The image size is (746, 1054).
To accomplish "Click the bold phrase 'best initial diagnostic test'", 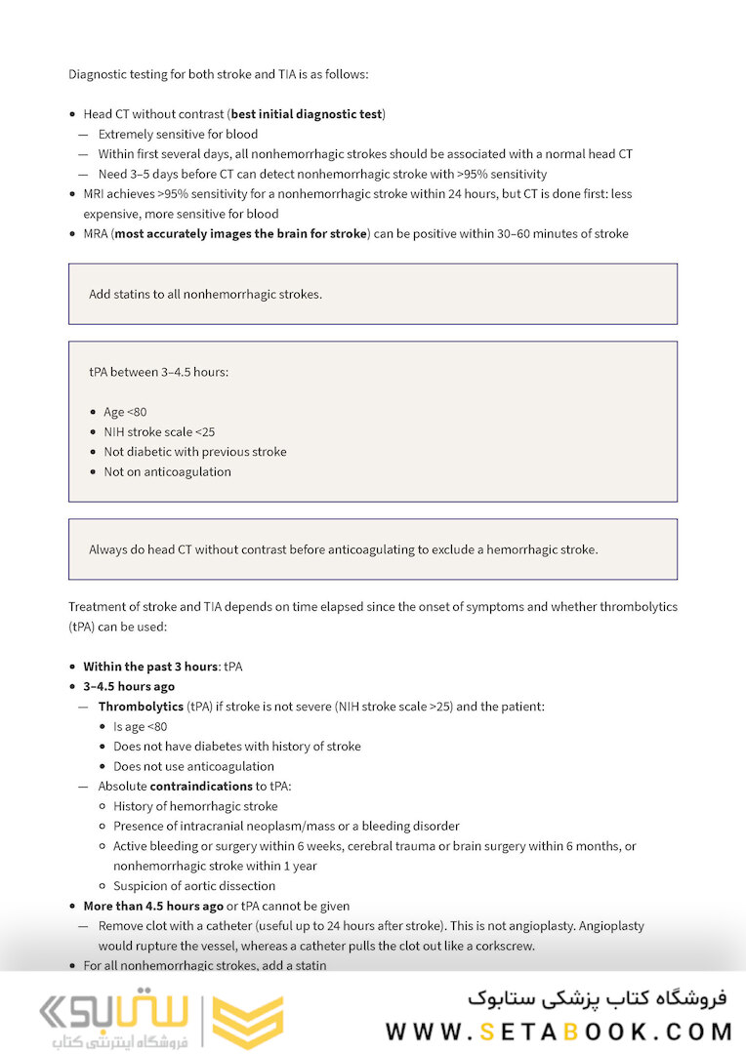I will pyautogui.click(x=307, y=114).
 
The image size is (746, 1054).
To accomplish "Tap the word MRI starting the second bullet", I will pyautogui.click(x=96, y=193).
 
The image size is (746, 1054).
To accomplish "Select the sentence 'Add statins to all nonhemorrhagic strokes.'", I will pyautogui.click(x=205, y=294).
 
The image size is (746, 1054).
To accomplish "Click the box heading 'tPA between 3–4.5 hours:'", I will pyautogui.click(x=158, y=372).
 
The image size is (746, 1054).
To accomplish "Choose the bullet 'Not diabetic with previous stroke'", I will pyautogui.click(x=194, y=452).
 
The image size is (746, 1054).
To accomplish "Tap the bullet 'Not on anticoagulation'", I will pyautogui.click(x=167, y=471).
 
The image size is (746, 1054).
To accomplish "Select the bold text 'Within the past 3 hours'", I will pyautogui.click(x=149, y=667).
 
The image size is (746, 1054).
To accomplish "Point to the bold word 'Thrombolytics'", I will pyautogui.click(x=141, y=706).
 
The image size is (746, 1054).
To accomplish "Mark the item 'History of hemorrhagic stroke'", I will pyautogui.click(x=195, y=806).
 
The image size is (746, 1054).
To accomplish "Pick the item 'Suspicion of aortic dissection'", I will pyautogui.click(x=194, y=886).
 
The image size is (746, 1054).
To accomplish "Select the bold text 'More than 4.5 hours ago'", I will pyautogui.click(x=153, y=906).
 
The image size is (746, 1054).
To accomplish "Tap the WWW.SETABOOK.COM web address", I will pyautogui.click(x=559, y=1032).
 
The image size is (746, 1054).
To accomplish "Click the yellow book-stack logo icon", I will pyautogui.click(x=248, y=1022).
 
